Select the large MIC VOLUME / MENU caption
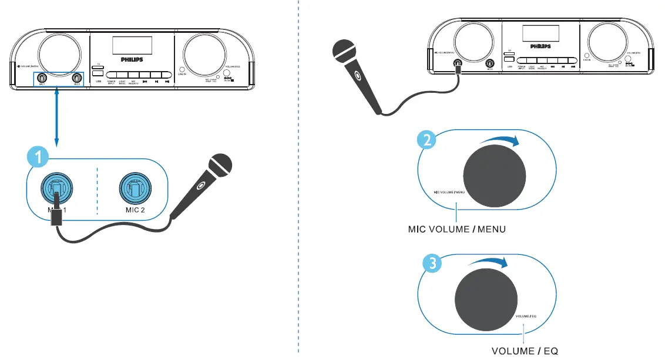(x=457, y=228)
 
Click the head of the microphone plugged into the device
(x=344, y=51)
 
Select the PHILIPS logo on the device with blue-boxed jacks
(x=132, y=59)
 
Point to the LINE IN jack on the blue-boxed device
(x=182, y=70)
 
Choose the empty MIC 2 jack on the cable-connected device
(x=488, y=63)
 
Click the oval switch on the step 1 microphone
(x=201, y=187)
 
